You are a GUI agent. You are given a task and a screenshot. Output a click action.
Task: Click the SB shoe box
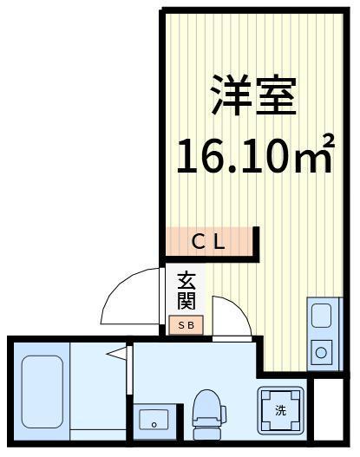[187, 325]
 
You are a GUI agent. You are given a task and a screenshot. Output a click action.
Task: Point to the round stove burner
[320, 353]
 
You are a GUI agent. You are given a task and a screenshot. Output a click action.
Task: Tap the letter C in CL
[198, 242]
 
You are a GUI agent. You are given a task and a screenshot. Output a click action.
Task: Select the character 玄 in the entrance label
[187, 280]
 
